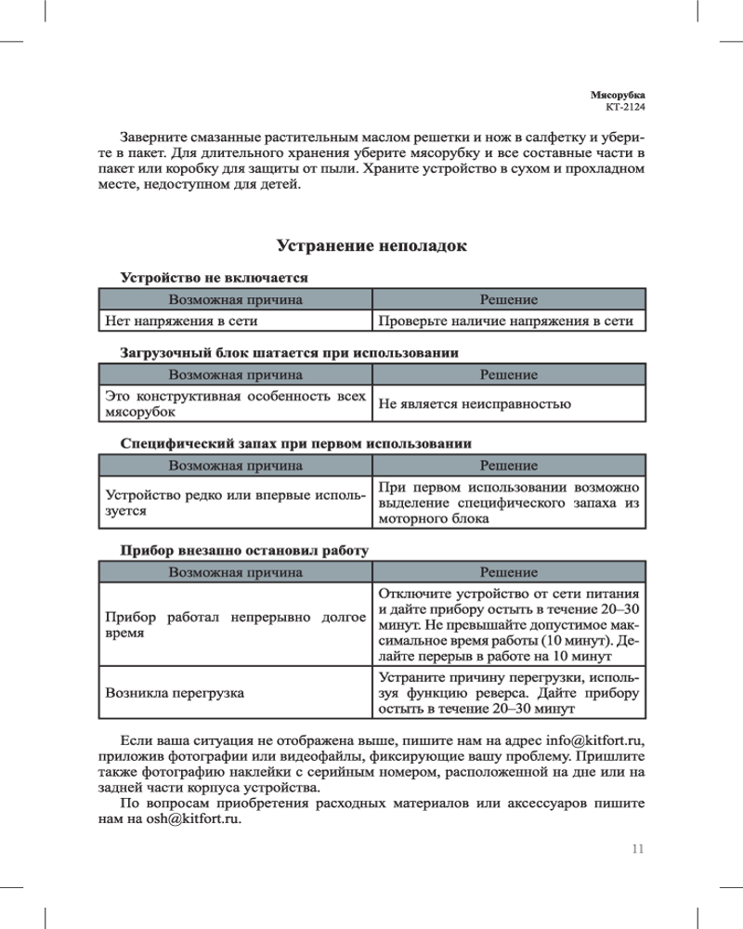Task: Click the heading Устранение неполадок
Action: [x=371, y=246]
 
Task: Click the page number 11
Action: [x=637, y=848]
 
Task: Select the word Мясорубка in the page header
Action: [x=618, y=95]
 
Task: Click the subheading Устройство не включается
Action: [x=214, y=277]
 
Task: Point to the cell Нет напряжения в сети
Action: [x=181, y=321]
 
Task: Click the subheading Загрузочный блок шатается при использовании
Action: [x=290, y=353]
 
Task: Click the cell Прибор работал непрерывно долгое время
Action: [x=235, y=623]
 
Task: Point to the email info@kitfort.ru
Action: [x=595, y=740]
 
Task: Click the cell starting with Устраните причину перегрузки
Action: [x=508, y=693]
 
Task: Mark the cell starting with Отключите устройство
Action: [x=508, y=623]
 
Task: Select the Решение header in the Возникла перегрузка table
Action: [x=508, y=572]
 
